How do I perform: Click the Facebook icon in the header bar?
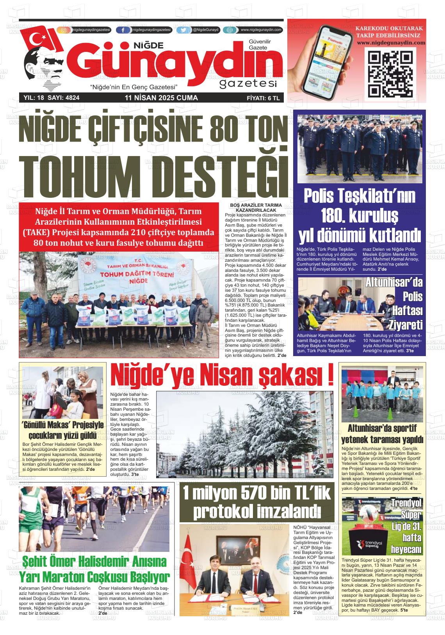pyautogui.click(x=123, y=30)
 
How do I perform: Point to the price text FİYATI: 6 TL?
pyautogui.click(x=263, y=98)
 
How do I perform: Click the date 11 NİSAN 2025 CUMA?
pyautogui.click(x=161, y=98)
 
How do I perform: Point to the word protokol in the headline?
pyautogui.click(x=223, y=511)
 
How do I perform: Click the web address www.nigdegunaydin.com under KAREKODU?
pyautogui.click(x=388, y=43)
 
